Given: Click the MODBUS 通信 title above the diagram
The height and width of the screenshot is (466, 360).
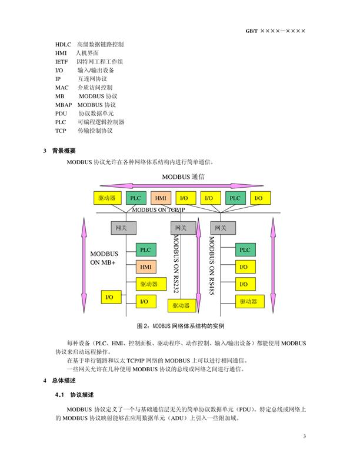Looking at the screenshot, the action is (183, 177).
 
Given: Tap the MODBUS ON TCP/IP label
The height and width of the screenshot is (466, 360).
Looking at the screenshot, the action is (158, 209).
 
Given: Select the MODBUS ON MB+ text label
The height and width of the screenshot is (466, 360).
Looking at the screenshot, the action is (104, 258).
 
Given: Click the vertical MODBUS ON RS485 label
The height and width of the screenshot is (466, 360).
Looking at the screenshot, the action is (212, 265).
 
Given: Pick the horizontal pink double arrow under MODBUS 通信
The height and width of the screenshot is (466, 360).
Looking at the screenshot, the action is (182, 186).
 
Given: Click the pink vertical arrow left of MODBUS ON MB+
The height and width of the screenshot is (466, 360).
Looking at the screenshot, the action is (84, 265).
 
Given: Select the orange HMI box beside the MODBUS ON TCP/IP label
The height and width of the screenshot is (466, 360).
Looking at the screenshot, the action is (161, 198).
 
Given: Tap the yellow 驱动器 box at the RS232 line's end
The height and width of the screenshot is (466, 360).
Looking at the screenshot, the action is (182, 305).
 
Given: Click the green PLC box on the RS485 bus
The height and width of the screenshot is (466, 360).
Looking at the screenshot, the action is (245, 249).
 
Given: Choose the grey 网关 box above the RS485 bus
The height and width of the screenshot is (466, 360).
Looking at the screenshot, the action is (223, 228).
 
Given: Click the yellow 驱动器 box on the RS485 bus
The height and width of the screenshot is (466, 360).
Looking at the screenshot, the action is (250, 301).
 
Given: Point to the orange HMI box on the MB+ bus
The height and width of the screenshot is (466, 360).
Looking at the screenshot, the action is (146, 267).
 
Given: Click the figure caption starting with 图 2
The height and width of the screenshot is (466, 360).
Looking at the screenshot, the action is (181, 326).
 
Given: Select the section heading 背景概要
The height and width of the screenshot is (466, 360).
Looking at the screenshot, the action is (64, 151).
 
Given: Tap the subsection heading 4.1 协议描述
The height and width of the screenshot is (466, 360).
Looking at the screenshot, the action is (74, 395).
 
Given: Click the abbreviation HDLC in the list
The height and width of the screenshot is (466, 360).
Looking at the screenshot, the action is (63, 45).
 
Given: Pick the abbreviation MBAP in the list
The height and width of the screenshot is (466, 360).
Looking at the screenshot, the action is (64, 105).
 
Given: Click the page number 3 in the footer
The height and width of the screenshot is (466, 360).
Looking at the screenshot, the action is (305, 436).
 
